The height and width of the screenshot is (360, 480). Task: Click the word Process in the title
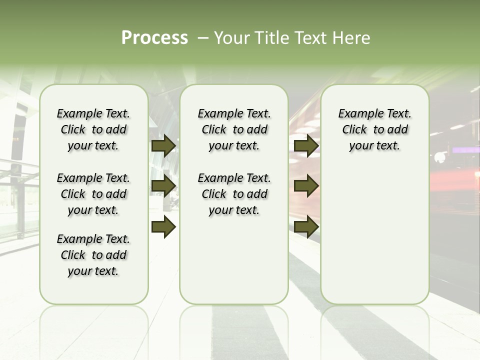tap(154, 38)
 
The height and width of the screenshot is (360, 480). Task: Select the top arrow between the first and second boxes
tap(163, 145)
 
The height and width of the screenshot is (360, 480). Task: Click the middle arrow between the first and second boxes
tap(163, 186)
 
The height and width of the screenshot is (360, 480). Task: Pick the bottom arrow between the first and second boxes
tap(163, 226)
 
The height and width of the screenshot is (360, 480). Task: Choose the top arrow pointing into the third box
tap(306, 145)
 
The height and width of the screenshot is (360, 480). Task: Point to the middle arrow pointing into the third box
tap(306, 186)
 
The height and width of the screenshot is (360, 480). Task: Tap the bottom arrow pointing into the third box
tap(306, 226)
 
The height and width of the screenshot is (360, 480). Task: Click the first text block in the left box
tap(93, 129)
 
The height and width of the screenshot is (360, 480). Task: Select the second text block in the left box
tap(93, 194)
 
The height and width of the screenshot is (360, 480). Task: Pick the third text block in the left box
tap(93, 255)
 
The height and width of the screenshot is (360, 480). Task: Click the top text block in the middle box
tap(234, 129)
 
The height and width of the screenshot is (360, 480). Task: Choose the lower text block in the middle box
tap(234, 194)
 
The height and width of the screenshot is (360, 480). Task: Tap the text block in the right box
tap(375, 129)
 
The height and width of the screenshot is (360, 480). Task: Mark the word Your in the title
tap(231, 38)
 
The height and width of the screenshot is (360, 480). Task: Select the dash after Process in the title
tap(203, 38)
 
